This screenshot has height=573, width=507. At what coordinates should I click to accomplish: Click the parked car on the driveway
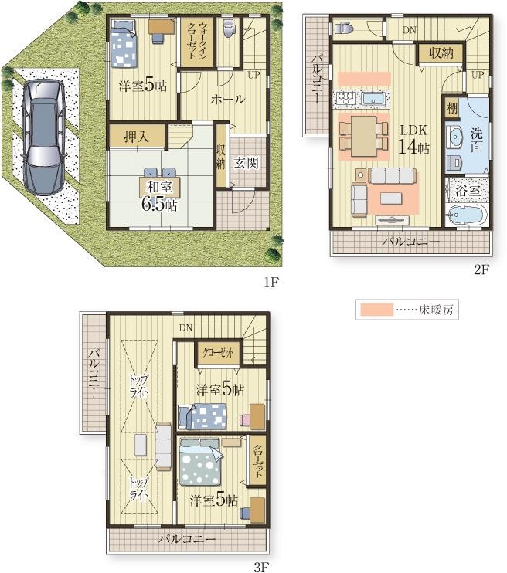pyautogui.click(x=43, y=137)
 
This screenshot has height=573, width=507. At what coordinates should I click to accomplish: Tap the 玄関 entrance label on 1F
pyautogui.click(x=246, y=163)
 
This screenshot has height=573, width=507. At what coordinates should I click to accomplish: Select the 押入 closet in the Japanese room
pyautogui.click(x=137, y=137)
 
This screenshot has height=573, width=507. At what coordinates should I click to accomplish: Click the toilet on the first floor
pyautogui.click(x=228, y=28)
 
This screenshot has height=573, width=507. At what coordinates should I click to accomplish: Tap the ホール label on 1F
pyautogui.click(x=227, y=100)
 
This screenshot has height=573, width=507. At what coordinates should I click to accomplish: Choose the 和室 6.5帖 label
pyautogui.click(x=160, y=196)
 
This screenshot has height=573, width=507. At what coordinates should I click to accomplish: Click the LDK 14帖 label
pyautogui.click(x=413, y=139)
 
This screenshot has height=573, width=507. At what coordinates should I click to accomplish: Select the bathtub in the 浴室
pyautogui.click(x=466, y=215)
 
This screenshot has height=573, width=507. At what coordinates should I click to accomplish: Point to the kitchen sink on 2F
pyautogui.click(x=373, y=98)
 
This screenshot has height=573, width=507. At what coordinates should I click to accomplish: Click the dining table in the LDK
pyautogui.click(x=363, y=136)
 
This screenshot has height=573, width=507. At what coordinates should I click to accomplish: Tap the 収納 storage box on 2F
pyautogui.click(x=441, y=54)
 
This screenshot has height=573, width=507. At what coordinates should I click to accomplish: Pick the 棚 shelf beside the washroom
pyautogui.click(x=452, y=108)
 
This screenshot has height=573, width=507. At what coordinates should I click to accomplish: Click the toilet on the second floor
pyautogui.click(x=343, y=28)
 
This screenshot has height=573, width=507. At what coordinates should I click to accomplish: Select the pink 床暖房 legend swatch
pyautogui.click(x=376, y=310)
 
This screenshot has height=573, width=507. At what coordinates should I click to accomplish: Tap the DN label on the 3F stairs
pyautogui.click(x=185, y=327)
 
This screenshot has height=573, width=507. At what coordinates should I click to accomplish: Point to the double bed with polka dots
pyautogui.click(x=199, y=462)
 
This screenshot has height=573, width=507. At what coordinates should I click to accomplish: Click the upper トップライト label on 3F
pyautogui.click(x=139, y=385)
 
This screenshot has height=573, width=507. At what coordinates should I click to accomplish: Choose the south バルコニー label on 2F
pyautogui.click(x=411, y=242)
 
